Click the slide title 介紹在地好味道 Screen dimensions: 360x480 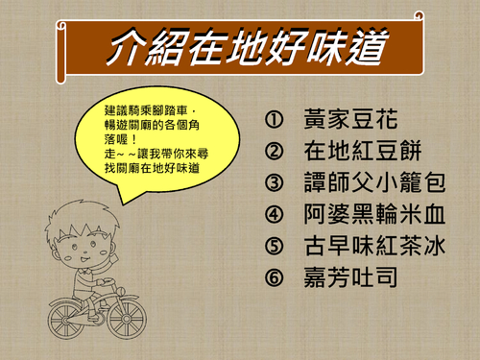click(240, 45)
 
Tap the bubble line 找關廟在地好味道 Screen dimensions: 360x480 click(148, 169)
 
